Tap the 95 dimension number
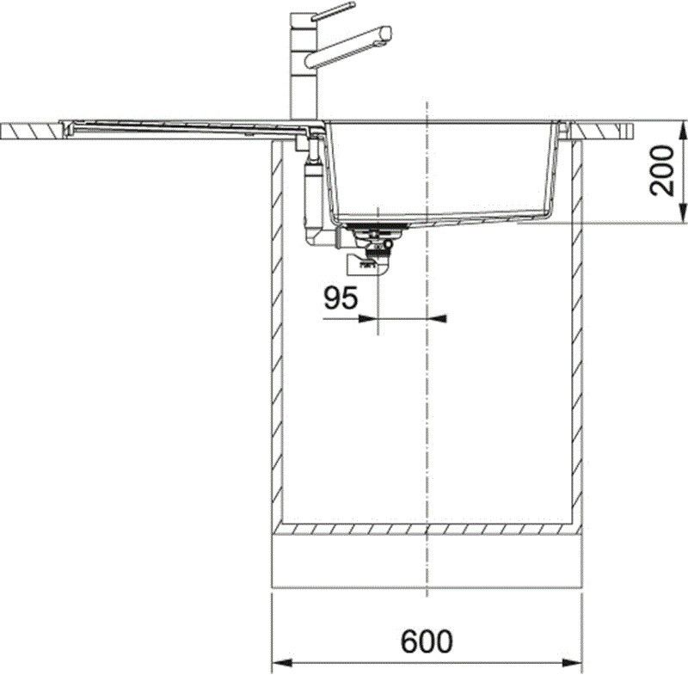[x=341, y=298]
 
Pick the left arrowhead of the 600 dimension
[x=279, y=663]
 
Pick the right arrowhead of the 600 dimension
[x=576, y=663]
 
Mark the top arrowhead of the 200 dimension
[x=683, y=128]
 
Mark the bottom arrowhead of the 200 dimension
[x=683, y=217]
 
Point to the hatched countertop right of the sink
[x=607, y=131]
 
